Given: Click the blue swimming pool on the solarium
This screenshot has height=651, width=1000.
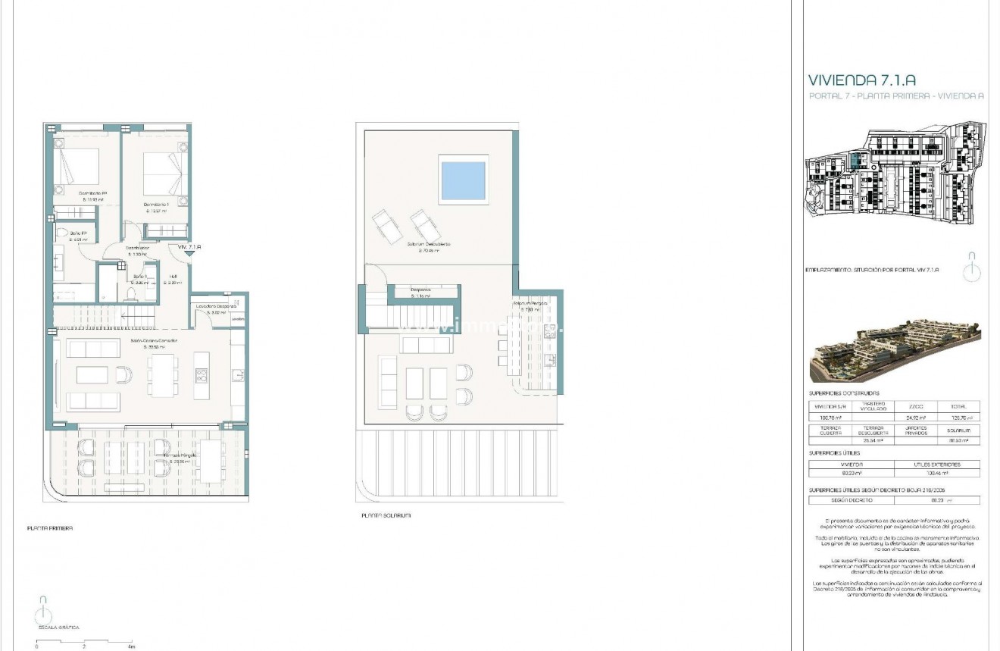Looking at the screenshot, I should coord(463,180).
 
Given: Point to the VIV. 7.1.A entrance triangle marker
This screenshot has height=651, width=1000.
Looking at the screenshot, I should coord(188,255).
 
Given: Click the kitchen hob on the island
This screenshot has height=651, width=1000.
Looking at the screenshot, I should coord(202,375).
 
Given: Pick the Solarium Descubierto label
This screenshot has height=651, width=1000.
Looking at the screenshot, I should coord(429,246).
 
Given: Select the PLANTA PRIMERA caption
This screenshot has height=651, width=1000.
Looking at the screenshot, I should coord(49,528).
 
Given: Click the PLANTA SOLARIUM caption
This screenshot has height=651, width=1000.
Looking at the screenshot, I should coord(386,515).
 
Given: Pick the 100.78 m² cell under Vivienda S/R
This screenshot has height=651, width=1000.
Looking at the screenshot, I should coord(830,418).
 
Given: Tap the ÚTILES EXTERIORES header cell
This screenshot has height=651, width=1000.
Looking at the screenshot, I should coord(936,465).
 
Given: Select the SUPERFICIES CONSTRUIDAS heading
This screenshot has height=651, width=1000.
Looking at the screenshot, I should coord(844,393).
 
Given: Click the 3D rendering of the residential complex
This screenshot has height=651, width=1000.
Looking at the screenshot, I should coord(895,353).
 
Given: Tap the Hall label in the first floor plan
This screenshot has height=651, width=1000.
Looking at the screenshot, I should coord(173,277).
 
